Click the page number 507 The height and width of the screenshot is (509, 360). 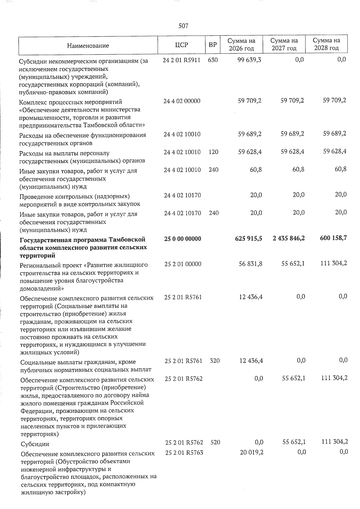[183, 26]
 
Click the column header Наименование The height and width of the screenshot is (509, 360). [88, 46]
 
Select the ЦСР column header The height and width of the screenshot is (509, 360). [181, 45]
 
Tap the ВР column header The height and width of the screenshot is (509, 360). [212, 45]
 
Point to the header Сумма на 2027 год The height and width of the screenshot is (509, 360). [284, 44]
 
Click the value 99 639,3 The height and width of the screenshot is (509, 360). [249, 60]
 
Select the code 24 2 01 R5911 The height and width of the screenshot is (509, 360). [181, 60]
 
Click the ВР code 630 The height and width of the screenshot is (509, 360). [212, 60]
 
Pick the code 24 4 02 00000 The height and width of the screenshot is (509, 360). [182, 101]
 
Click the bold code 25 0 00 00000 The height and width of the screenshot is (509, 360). [183, 239]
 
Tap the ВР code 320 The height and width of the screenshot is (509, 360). [215, 361]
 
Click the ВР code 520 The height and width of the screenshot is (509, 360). [215, 442]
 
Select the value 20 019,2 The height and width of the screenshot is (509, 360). [251, 452]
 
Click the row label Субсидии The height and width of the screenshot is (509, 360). [34, 444]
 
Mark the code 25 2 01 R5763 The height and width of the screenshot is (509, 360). [184, 453]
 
